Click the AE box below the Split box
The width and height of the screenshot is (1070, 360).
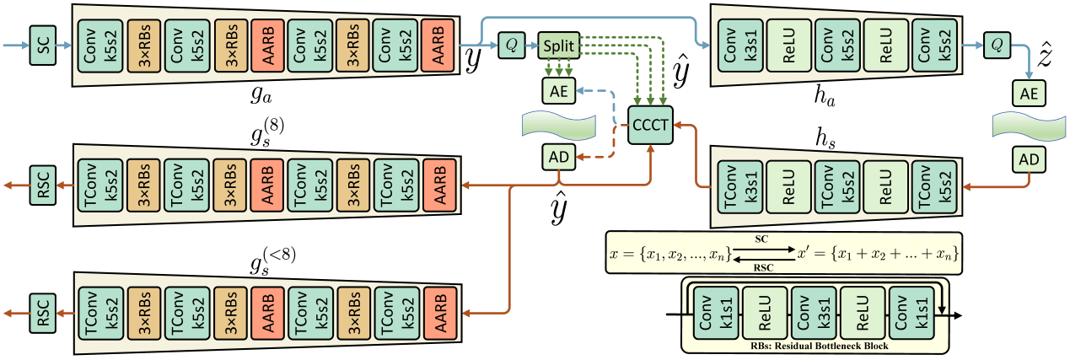click(x=557, y=89)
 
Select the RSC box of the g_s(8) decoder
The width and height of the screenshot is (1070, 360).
click(x=42, y=185)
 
